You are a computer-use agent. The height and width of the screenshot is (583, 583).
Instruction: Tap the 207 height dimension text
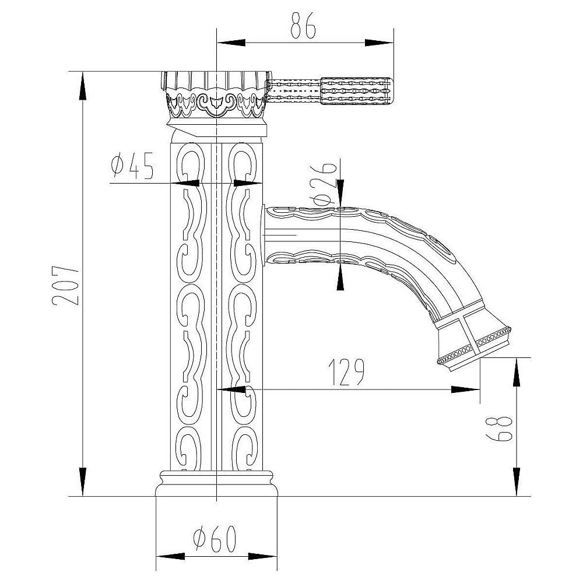coord(66,286)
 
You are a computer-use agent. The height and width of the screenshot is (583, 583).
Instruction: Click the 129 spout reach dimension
coord(346,372)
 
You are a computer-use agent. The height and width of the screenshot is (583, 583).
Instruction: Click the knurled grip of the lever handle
coord(356,90)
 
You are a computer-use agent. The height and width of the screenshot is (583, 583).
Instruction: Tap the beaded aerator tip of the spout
coord(475,346)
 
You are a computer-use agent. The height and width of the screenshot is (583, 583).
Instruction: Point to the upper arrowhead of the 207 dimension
coord(83,86)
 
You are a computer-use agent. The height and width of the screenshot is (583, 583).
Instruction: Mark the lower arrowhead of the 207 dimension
coord(83,482)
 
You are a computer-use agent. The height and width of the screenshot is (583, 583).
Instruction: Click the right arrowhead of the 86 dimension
coord(379,43)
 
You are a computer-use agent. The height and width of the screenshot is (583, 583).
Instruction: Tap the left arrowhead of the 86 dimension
coord(231,43)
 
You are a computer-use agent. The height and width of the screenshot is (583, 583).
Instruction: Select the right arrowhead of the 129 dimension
coord(465,389)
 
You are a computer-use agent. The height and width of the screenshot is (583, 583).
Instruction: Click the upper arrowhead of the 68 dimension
coord(517,372)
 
